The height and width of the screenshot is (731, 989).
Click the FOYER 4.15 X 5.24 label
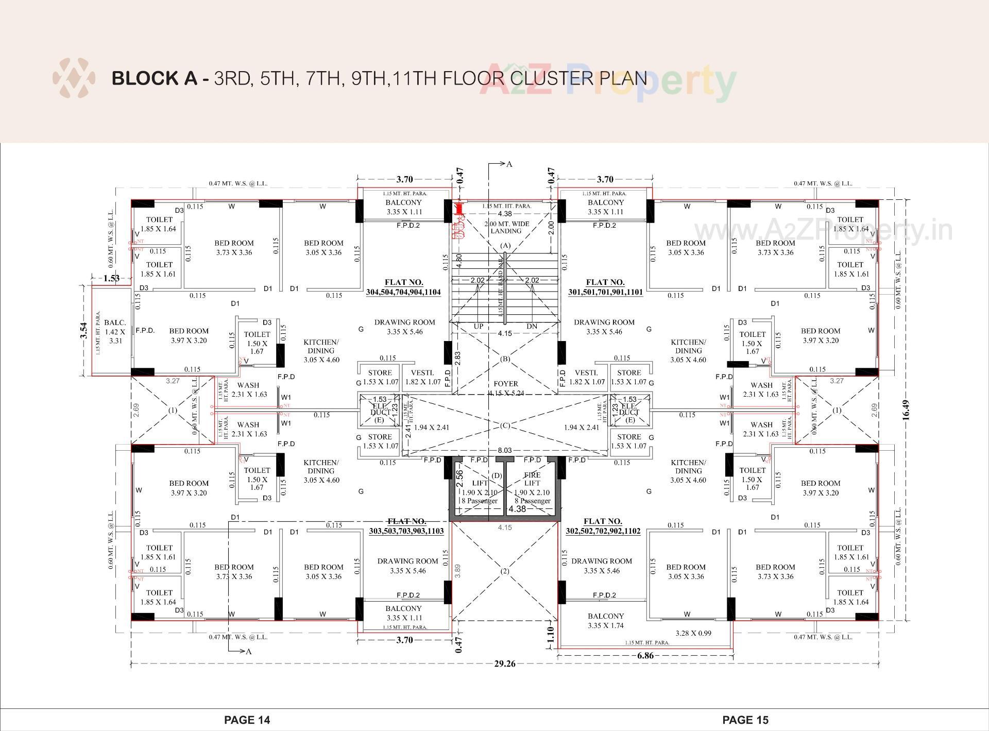(x=505, y=388)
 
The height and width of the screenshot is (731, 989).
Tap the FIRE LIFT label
(x=532, y=479)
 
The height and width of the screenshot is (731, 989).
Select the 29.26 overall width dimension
(x=504, y=664)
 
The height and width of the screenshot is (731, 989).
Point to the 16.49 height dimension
(x=906, y=411)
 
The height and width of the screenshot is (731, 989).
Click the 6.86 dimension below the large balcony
(x=645, y=655)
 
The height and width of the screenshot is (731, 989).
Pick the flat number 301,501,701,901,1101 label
(x=605, y=287)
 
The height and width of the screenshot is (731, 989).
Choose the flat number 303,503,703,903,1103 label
(x=406, y=526)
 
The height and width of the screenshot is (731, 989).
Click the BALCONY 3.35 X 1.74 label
(x=606, y=621)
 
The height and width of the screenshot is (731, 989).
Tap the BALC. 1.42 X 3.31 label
(x=115, y=332)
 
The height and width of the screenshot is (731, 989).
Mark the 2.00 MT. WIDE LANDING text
(x=506, y=227)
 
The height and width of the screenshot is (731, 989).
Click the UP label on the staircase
(x=479, y=326)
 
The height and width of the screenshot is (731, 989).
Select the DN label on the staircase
(x=532, y=326)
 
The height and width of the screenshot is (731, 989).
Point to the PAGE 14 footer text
(x=247, y=720)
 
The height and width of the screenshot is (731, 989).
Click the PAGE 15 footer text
(x=745, y=720)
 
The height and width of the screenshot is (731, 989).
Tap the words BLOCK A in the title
(x=154, y=78)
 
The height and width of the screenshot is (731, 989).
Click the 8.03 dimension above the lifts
(x=504, y=450)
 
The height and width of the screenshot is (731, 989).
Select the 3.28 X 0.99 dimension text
(x=693, y=633)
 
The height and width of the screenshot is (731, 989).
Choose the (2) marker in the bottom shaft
(x=505, y=571)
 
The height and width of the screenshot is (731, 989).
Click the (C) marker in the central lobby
(x=505, y=426)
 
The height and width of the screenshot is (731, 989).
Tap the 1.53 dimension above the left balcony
(x=111, y=278)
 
